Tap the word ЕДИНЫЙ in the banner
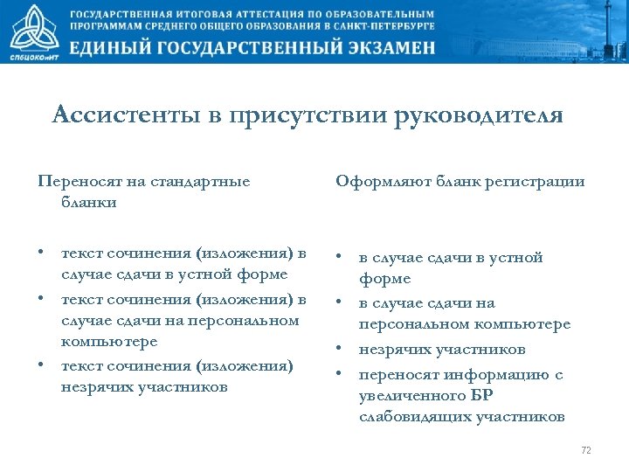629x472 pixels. click(x=115, y=47)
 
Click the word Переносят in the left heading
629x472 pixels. click(x=76, y=182)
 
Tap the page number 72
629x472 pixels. click(x=586, y=450)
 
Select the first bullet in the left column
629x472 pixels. click(x=41, y=253)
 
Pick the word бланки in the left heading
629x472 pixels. click(x=89, y=203)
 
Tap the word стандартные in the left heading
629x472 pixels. click(x=201, y=182)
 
